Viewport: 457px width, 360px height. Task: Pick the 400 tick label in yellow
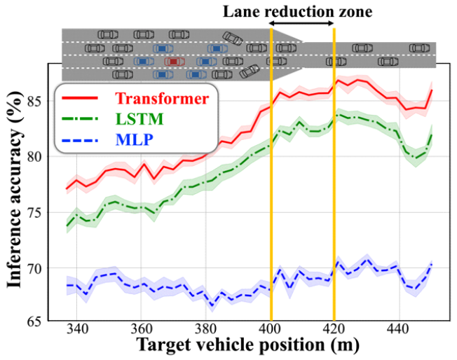tap(270, 330)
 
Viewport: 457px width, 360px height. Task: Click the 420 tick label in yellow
tap(334, 330)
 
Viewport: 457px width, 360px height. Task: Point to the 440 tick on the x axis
tap(397, 330)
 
